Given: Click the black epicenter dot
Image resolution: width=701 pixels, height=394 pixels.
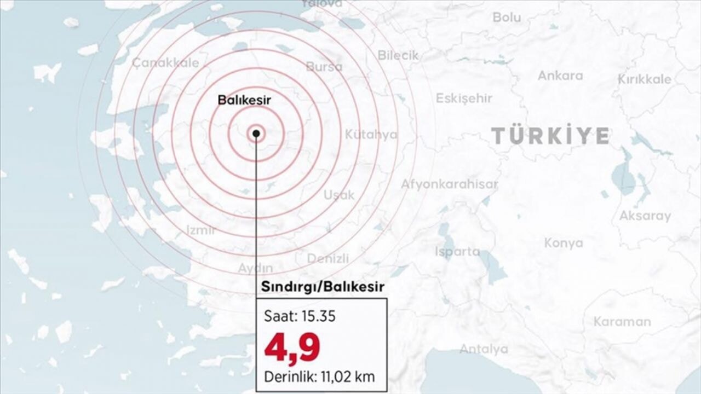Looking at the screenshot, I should coord(256,133).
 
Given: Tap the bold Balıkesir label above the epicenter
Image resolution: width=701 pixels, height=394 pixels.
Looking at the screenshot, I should coord(244,100).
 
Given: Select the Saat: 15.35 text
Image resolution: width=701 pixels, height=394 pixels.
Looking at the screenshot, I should coord(300,317).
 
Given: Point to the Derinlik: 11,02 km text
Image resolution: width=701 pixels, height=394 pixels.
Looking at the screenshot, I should coord(319,376).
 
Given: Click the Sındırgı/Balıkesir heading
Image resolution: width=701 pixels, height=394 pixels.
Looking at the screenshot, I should coord(322,287).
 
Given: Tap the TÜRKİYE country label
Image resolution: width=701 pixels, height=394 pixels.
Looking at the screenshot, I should coord(550,136).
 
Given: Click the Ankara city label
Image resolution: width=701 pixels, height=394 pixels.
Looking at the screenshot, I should coord(560,76).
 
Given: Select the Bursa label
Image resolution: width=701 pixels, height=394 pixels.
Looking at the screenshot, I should coord(324,67).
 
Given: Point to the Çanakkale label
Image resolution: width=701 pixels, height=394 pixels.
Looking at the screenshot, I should coord(165,63).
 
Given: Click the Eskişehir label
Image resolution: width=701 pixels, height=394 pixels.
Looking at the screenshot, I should coord(464,99).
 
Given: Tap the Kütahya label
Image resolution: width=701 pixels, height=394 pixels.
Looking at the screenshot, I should coord(371,135).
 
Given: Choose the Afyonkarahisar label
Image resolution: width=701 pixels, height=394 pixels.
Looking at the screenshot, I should coord(449,184).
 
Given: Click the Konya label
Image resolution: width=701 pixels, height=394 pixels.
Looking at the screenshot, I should coord(564,243).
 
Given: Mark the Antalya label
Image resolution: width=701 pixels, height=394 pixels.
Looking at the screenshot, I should coord(484,349).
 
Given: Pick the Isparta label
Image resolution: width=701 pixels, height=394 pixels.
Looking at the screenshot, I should coord(457,252).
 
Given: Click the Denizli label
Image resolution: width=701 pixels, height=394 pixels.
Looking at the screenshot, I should coord(327,258).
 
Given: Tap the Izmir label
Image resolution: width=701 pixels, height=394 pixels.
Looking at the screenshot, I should coord(201,230).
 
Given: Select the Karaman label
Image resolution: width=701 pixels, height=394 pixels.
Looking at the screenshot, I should coord(622,322).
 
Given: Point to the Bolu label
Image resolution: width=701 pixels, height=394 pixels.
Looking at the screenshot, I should coord(507,18).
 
